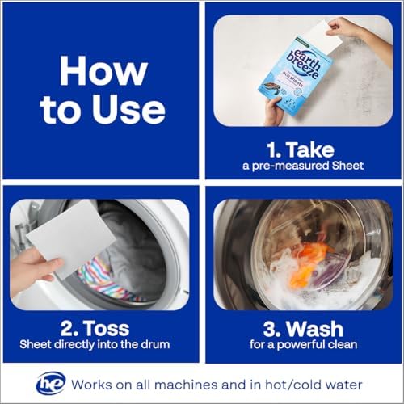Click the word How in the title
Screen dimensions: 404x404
103,71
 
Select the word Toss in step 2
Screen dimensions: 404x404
107,328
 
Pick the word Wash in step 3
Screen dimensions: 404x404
314,329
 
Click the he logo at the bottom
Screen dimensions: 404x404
51,383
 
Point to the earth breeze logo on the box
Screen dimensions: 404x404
304,64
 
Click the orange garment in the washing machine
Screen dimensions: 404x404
309,264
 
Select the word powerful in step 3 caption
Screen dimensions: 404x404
300,345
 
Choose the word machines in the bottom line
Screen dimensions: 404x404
186,385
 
